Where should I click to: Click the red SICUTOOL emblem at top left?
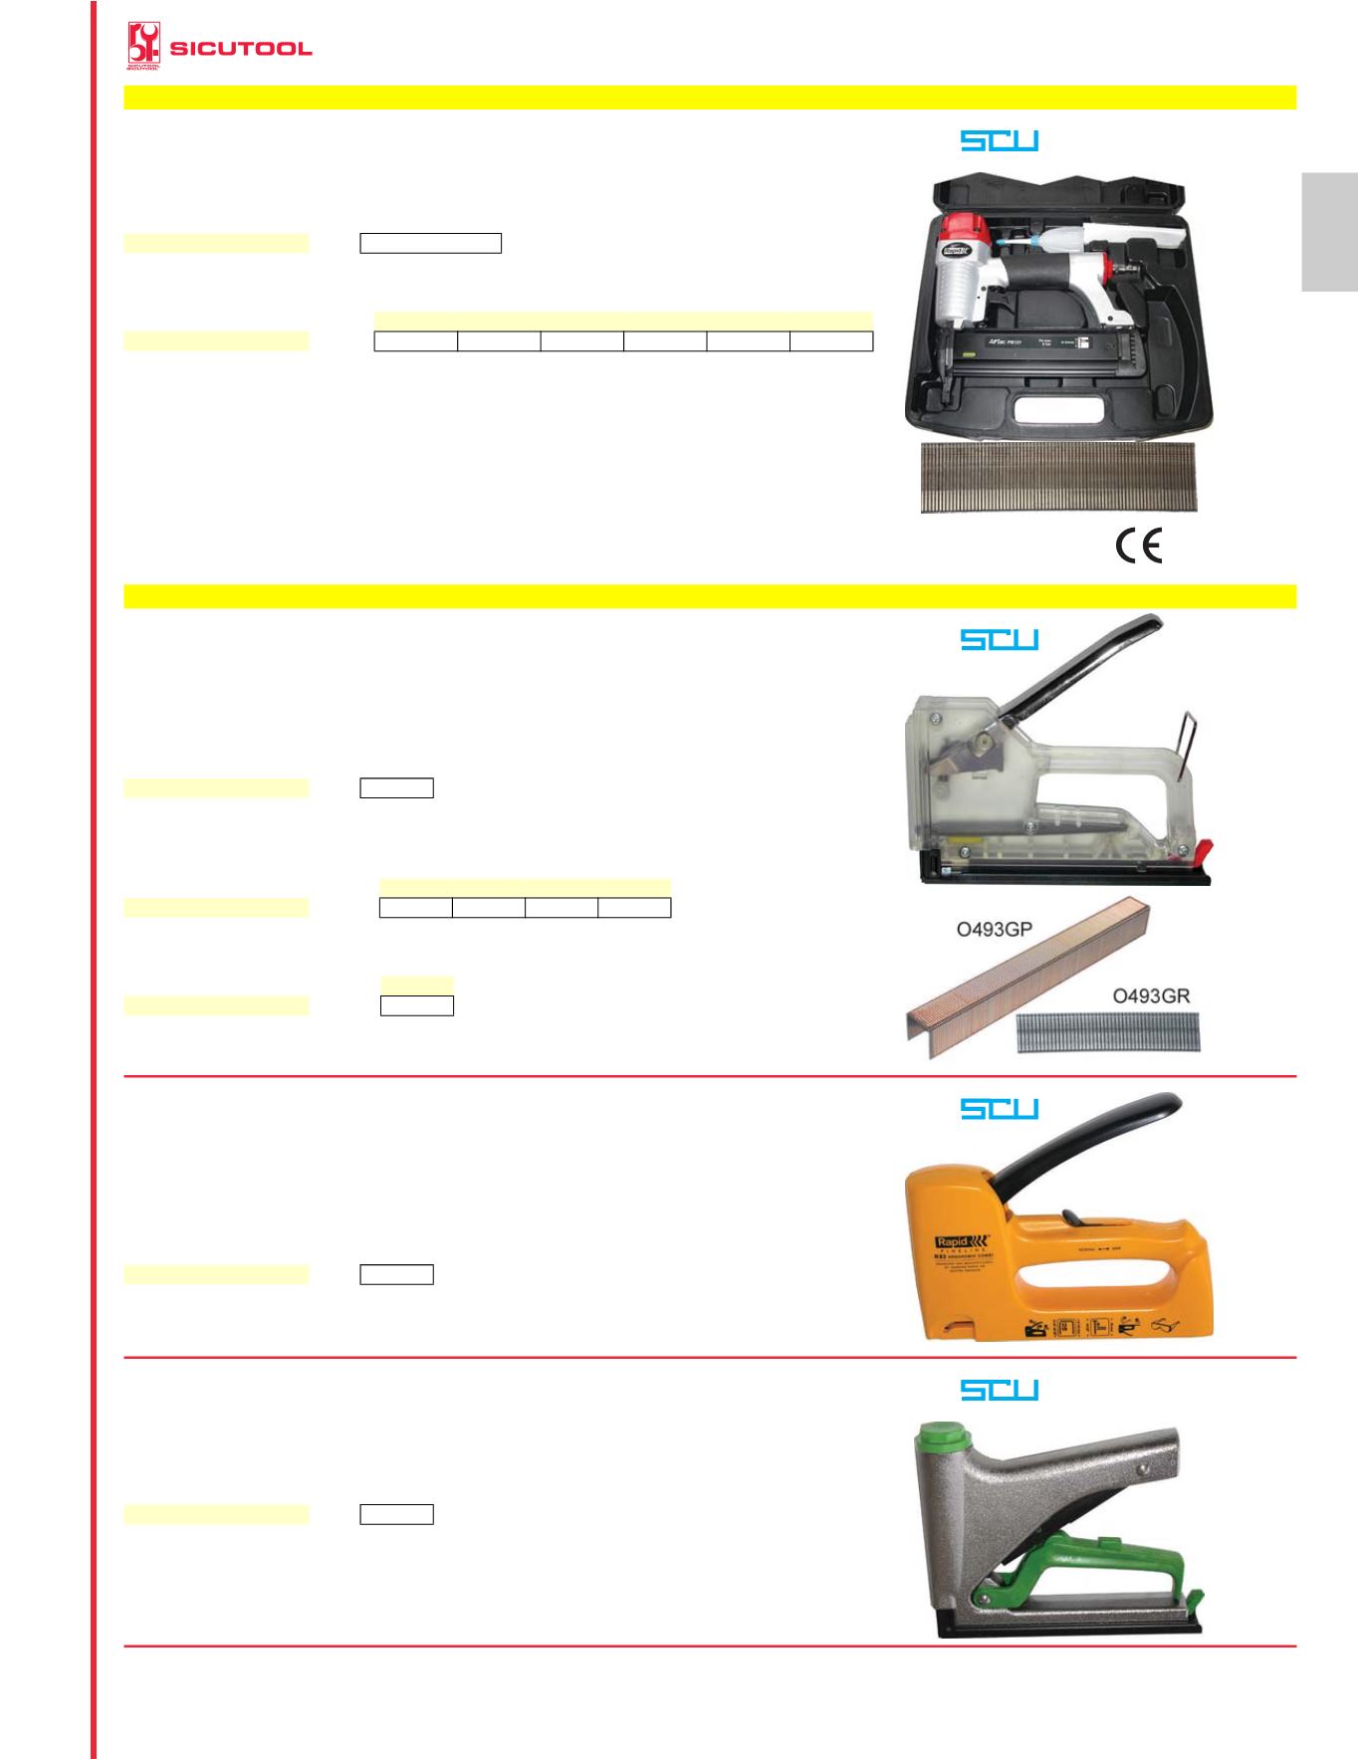145,47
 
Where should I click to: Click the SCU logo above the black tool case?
999,140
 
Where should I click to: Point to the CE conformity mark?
1138,546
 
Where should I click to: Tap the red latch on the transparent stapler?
1203,851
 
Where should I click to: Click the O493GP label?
989,931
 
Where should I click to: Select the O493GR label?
1151,994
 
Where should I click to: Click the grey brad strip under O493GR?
1107,1033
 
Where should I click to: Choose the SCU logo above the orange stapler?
999,1108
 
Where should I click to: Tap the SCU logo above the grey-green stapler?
999,1389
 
